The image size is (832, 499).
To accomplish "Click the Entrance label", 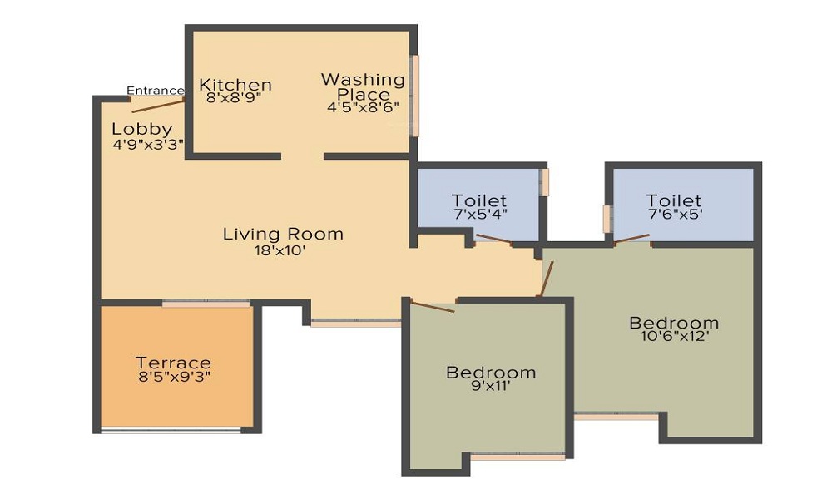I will [x=155, y=91].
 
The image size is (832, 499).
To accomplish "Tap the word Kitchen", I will [x=235, y=85].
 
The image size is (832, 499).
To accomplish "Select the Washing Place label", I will [x=363, y=86].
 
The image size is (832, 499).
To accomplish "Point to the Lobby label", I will [x=141, y=129].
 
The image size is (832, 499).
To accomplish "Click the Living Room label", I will [x=283, y=234].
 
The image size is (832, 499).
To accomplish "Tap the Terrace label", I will [x=174, y=363].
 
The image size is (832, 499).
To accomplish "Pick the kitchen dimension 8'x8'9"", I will [x=235, y=97].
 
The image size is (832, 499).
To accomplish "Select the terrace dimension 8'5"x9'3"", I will [x=174, y=377].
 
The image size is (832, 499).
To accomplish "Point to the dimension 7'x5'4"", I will [x=479, y=214].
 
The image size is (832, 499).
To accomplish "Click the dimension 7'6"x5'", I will [x=674, y=214].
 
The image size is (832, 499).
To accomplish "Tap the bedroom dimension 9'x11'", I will [x=490, y=386].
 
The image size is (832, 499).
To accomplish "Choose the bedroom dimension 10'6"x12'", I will [x=674, y=337].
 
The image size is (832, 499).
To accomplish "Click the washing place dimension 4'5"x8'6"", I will [x=363, y=106].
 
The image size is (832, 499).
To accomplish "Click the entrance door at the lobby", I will [x=158, y=104].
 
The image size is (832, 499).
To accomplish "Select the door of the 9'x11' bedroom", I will [x=433, y=307].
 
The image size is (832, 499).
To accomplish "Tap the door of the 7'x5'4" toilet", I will [x=493, y=241].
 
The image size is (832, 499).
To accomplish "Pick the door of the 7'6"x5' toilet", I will [x=632, y=240].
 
